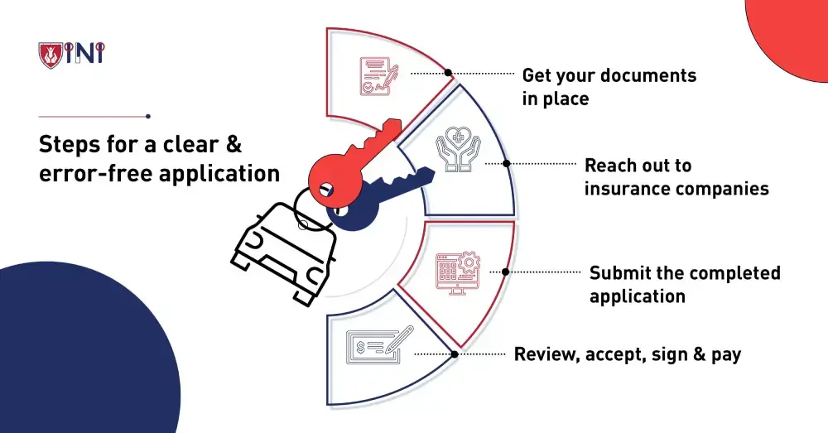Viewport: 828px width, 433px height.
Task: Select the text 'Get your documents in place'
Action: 609,87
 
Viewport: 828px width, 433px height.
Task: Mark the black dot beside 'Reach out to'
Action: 507,164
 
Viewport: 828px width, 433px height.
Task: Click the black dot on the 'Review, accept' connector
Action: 455,354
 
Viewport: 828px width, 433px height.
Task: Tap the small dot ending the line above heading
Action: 147,116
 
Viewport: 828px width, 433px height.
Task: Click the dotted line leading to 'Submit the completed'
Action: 542,272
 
